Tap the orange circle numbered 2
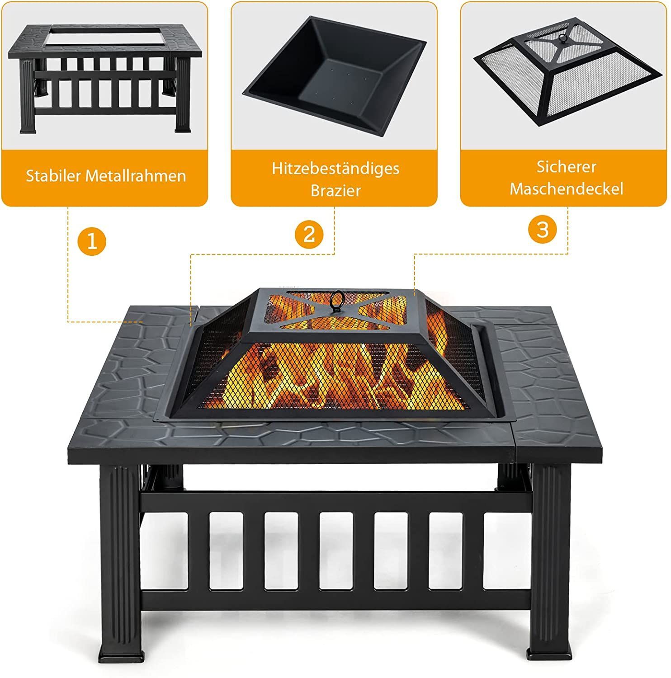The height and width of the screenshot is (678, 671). click(x=309, y=234)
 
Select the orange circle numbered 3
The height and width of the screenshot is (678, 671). click(x=542, y=229)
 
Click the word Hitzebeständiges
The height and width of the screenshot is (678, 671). click(x=335, y=169)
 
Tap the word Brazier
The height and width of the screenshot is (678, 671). click(x=335, y=190)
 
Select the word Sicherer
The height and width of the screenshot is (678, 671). click(x=567, y=166)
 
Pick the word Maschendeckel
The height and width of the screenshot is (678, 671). click(x=567, y=188)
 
